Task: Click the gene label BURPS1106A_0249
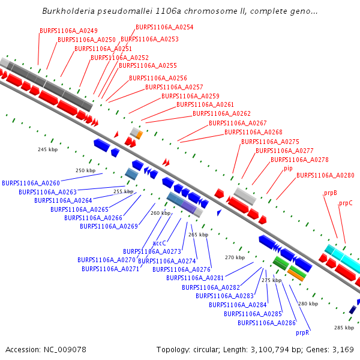point(68,31)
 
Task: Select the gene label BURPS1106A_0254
point(164,27)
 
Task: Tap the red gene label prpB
point(330,193)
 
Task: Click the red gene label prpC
point(346,203)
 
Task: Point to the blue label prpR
point(302,332)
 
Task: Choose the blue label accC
point(159,243)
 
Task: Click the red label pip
point(288,169)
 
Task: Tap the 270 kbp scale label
point(235,257)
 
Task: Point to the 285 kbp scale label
point(344,328)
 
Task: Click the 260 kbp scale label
point(160,213)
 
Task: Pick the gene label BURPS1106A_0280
point(325,176)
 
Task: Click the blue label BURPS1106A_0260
point(31,183)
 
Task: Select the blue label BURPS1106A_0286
point(266,323)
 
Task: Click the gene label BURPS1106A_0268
point(253,132)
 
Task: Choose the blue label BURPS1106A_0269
point(109,226)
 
